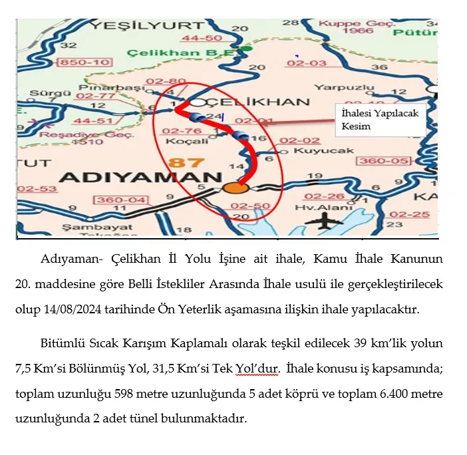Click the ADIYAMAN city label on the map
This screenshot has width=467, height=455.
(x=140, y=178)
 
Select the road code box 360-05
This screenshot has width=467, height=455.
(x=382, y=161)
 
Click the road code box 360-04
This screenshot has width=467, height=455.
(x=120, y=200)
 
